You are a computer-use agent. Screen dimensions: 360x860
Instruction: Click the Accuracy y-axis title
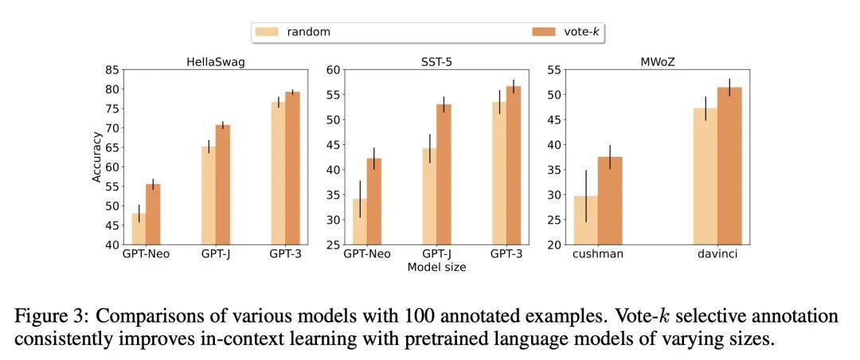pos(97,158)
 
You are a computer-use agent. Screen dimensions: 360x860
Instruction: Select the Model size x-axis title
pos(436,268)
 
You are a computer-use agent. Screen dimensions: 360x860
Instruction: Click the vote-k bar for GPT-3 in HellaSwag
pos(293,168)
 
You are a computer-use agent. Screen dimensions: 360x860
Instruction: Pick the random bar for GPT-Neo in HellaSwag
pos(139,229)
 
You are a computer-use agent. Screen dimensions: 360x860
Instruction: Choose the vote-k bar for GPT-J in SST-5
pos(444,174)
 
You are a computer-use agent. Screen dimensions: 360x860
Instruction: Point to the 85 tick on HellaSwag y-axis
pos(112,70)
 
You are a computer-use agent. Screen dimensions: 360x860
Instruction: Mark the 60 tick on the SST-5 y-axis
pos(333,70)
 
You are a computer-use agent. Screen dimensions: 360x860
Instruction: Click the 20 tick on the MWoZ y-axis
pos(554,245)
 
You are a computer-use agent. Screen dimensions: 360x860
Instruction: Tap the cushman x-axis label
pos(597,256)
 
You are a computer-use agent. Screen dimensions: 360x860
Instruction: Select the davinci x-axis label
pos(717,256)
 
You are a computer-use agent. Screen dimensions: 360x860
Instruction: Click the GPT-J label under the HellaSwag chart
pos(215,256)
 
